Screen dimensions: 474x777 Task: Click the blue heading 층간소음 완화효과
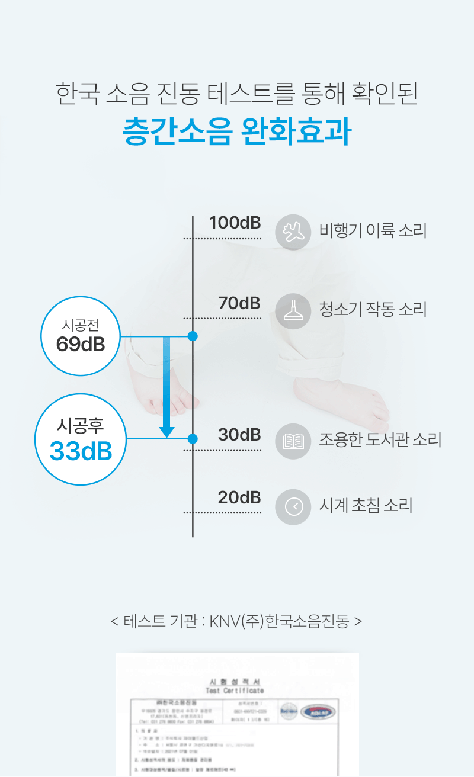point(236,132)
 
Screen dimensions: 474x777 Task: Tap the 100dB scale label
point(235,223)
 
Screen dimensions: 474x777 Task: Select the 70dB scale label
point(239,303)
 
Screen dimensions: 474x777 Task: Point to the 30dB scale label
point(239,435)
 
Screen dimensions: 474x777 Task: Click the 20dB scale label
point(239,498)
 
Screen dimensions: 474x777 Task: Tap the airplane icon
point(293,232)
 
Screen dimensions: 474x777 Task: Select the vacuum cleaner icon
point(293,311)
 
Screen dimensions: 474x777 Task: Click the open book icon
point(293,441)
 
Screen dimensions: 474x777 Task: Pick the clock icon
point(293,507)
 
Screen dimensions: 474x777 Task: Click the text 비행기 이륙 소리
point(373,230)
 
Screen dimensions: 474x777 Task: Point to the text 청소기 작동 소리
point(373,309)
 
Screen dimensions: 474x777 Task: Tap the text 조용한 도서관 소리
point(380,440)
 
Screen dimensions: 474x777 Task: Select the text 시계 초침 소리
point(366,506)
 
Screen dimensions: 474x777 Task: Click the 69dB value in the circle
point(81,344)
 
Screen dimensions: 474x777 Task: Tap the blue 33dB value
point(81,451)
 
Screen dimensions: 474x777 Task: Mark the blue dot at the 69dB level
point(193,336)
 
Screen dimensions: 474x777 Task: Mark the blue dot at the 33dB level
point(193,439)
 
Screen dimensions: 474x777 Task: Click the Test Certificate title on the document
point(235,691)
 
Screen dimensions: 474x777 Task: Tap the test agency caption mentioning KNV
point(236,621)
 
